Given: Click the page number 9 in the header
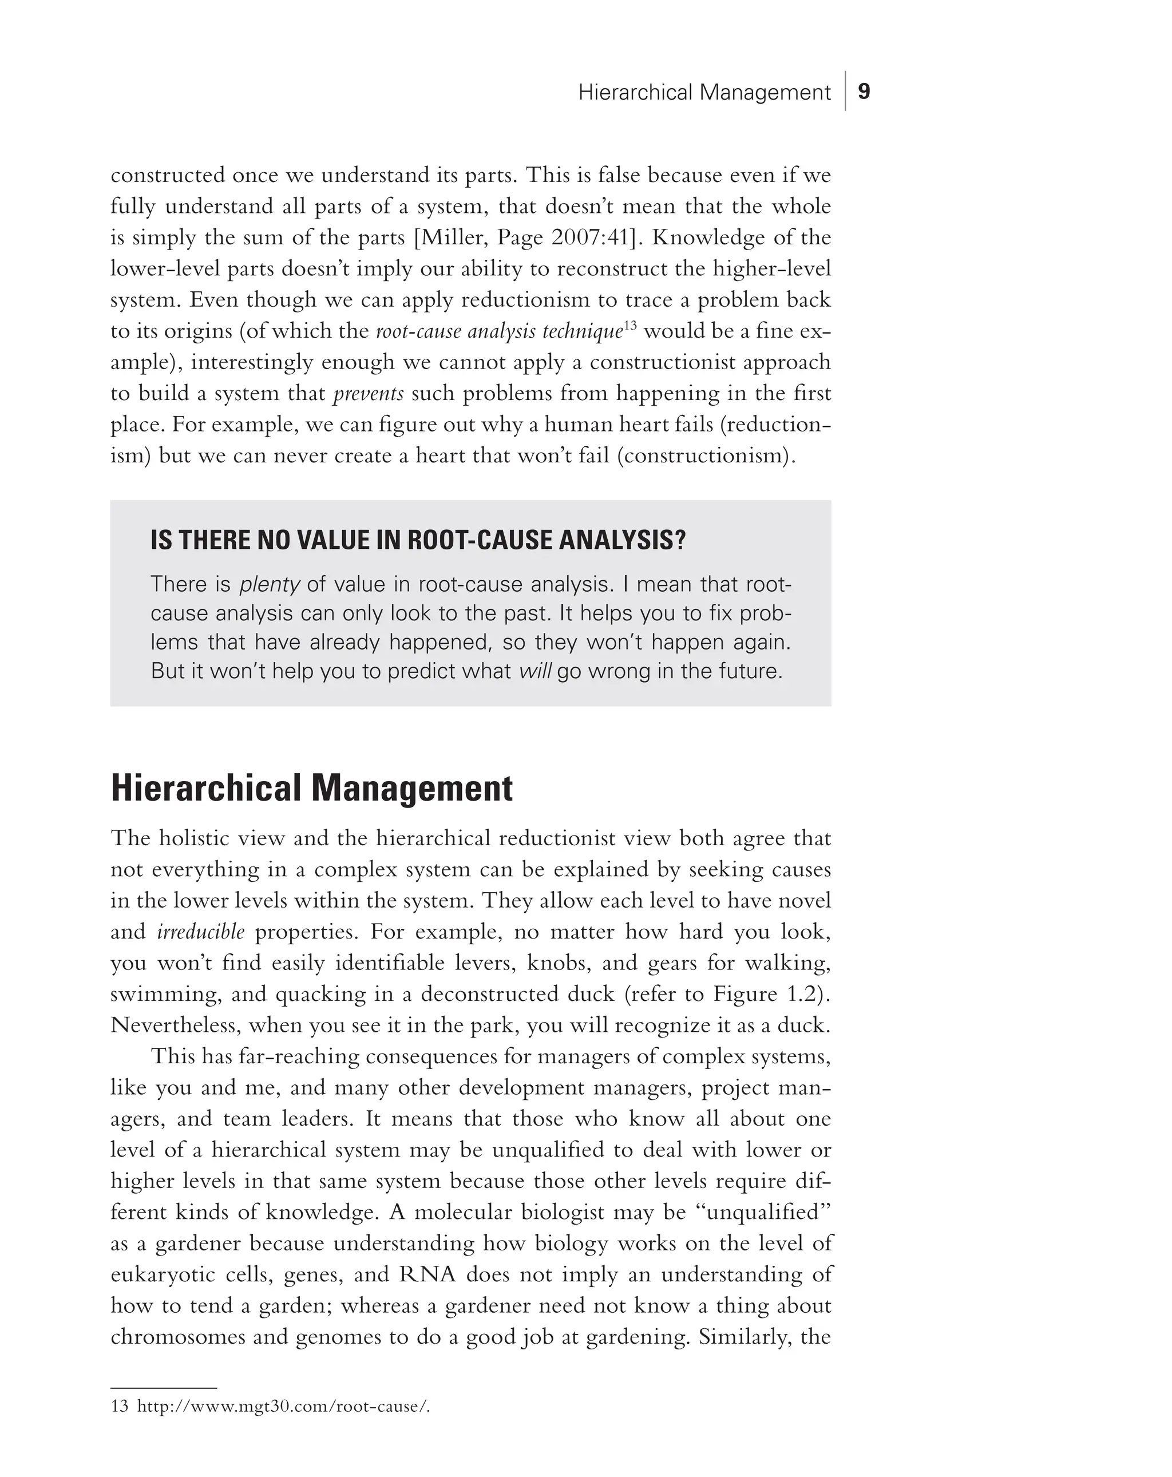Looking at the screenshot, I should coord(864,92).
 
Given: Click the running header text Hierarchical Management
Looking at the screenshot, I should coord(703,93).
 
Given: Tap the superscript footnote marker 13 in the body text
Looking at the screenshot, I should coord(630,326).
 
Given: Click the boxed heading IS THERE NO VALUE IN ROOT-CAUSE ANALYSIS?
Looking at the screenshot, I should coord(418,541).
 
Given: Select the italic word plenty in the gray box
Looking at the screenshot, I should coord(269,584).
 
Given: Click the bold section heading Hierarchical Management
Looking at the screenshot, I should coord(312,788).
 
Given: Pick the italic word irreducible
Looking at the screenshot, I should coord(201,932).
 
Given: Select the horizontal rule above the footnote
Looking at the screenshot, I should coord(163,1387).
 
